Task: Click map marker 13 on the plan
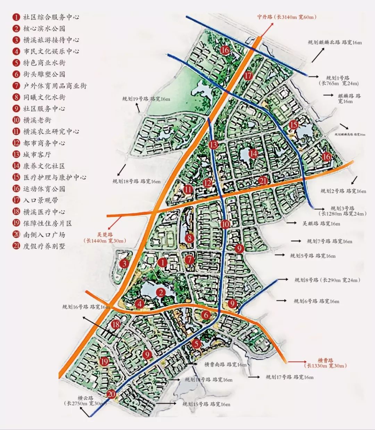[213, 145]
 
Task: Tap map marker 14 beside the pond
[253, 153]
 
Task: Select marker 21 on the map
[263, 180]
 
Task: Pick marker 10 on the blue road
[225, 224]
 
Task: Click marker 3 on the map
[124, 264]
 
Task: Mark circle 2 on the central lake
[161, 292]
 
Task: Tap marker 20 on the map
[111, 394]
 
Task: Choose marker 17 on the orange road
[248, 76]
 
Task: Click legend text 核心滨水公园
[44, 28]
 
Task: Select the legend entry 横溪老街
[37, 120]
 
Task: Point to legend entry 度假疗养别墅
[44, 246]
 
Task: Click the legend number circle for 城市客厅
[16, 154]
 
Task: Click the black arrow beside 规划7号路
[296, 241]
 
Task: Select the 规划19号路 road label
[146, 99]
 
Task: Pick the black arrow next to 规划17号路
[254, 377]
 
